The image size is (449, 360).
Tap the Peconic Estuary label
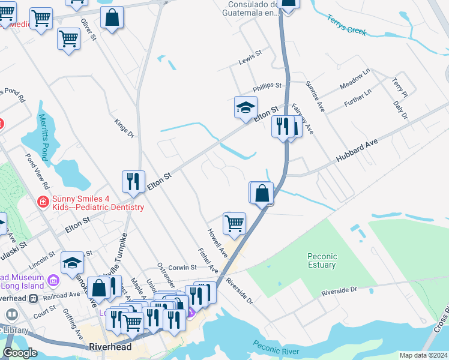coord(322,260)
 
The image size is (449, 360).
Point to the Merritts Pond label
coord(43,137)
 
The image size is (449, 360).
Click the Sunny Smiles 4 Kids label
coord(98,203)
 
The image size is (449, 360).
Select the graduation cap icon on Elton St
coord(246,107)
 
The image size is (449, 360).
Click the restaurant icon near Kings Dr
coord(133,180)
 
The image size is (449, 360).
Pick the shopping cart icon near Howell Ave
coord(234,223)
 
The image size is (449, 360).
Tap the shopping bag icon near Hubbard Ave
coord(262,193)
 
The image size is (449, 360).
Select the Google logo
coord(20,353)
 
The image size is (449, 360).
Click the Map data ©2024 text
coord(423,355)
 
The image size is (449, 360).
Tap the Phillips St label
coord(267,86)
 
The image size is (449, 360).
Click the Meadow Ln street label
coord(355,77)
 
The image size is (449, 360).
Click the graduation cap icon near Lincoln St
coord(72,262)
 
